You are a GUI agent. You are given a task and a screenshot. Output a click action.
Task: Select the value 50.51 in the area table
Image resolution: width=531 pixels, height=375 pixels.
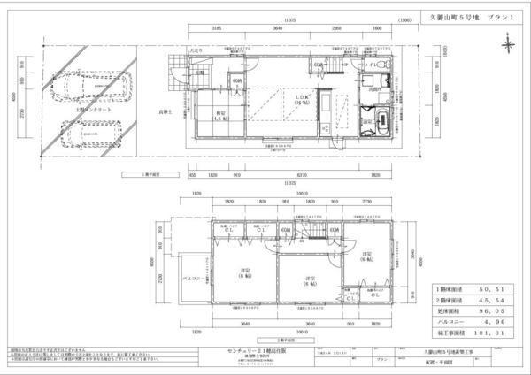pyautogui.click(x=493, y=289)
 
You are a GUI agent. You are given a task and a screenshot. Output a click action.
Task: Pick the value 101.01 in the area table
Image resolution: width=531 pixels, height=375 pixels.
pyautogui.click(x=493, y=333)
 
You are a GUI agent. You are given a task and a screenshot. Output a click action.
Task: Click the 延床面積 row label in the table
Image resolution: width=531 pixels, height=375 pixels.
pyautogui.click(x=450, y=311)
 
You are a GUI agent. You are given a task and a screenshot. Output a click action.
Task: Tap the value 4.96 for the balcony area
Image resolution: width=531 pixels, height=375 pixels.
pyautogui.click(x=493, y=322)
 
